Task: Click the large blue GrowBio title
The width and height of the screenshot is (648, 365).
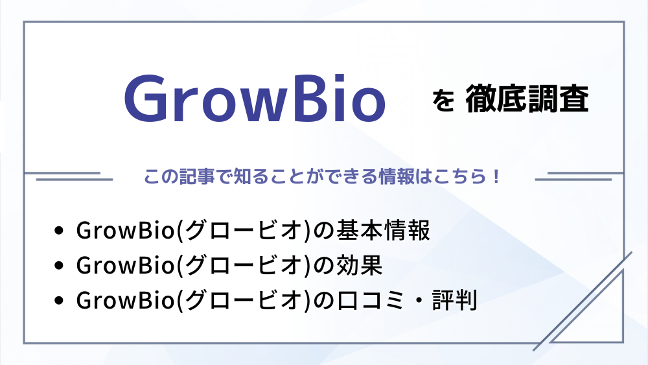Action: click(x=255, y=99)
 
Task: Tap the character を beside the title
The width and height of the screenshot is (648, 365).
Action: click(x=443, y=100)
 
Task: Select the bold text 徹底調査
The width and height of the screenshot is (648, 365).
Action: click(x=527, y=99)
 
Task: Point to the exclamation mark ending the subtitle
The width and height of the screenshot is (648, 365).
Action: click(x=496, y=177)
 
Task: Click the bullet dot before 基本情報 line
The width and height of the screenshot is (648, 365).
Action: click(x=59, y=231)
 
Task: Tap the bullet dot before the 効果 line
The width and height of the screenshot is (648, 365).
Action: click(x=59, y=266)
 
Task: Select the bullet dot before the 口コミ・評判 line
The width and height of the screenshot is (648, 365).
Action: click(x=59, y=301)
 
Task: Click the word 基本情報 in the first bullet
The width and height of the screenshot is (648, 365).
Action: click(x=383, y=230)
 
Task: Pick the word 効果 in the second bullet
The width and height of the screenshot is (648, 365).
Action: click(x=360, y=265)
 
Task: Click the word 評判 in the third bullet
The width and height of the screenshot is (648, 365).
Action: click(x=455, y=300)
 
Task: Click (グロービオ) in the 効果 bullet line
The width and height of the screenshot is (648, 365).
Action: click(x=244, y=265)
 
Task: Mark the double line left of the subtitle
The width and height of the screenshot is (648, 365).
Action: click(x=68, y=176)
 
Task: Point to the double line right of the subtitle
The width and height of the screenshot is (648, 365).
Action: click(x=579, y=176)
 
